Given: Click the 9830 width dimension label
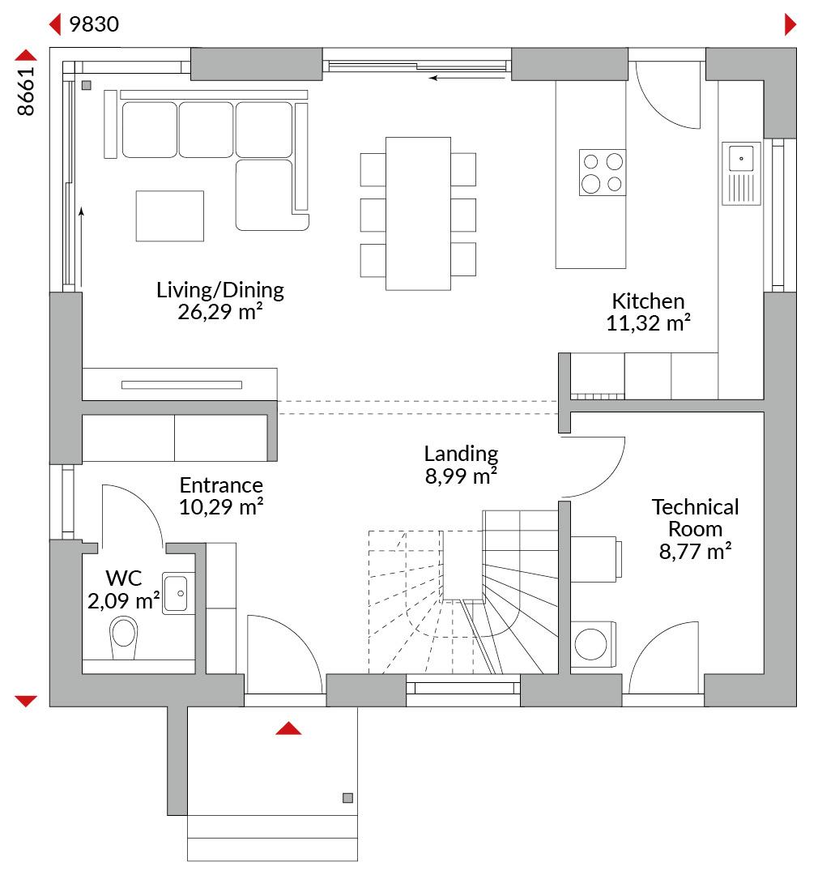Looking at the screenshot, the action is [94, 24].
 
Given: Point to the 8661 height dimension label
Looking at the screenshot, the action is [26, 92].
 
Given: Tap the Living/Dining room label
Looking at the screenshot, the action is [219, 289].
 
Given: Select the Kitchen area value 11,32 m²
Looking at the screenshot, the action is [649, 323].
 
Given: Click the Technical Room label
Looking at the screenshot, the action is [695, 518].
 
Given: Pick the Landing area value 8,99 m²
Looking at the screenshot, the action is [461, 476].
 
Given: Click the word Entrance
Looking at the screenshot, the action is [221, 485].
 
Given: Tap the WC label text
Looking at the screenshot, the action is [124, 578].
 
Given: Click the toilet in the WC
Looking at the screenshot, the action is [123, 638].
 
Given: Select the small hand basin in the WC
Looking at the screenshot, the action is [178, 593].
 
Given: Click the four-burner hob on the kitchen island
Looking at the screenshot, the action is [602, 173].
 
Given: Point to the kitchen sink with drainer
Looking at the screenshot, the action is [741, 173].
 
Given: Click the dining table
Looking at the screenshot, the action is [418, 214].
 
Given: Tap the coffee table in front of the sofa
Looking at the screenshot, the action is [169, 216].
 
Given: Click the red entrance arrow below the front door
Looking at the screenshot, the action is [288, 728].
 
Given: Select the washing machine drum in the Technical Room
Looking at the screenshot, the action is [590, 644].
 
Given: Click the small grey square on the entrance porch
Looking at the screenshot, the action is [347, 798].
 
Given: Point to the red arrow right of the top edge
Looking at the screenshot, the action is [790, 24].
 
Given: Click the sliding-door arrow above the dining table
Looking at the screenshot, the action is [467, 78].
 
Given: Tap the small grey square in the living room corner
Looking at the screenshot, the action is [87, 85].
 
